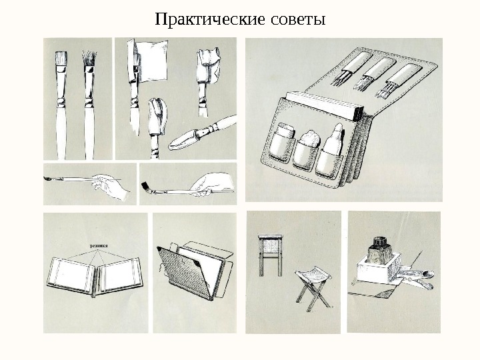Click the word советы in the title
point(297,18)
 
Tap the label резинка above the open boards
point(99,245)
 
